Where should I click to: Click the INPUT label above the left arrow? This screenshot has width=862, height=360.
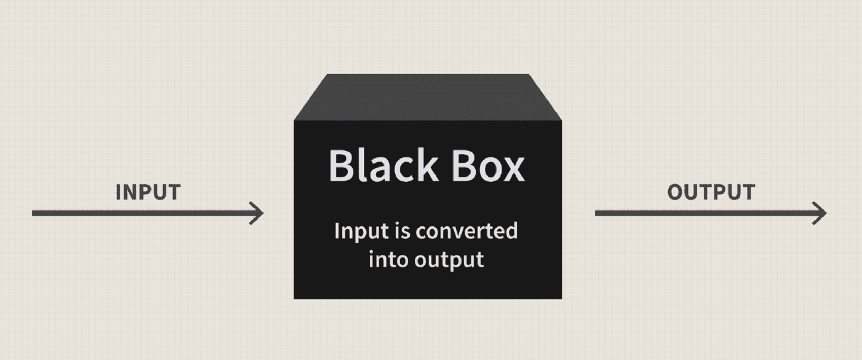(x=148, y=192)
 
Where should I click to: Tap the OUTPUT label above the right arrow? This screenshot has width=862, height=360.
(x=711, y=192)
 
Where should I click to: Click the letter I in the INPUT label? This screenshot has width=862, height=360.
(x=118, y=192)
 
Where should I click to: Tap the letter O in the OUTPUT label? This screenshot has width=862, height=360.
(x=675, y=192)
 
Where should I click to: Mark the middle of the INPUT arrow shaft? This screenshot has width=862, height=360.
(x=146, y=213)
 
